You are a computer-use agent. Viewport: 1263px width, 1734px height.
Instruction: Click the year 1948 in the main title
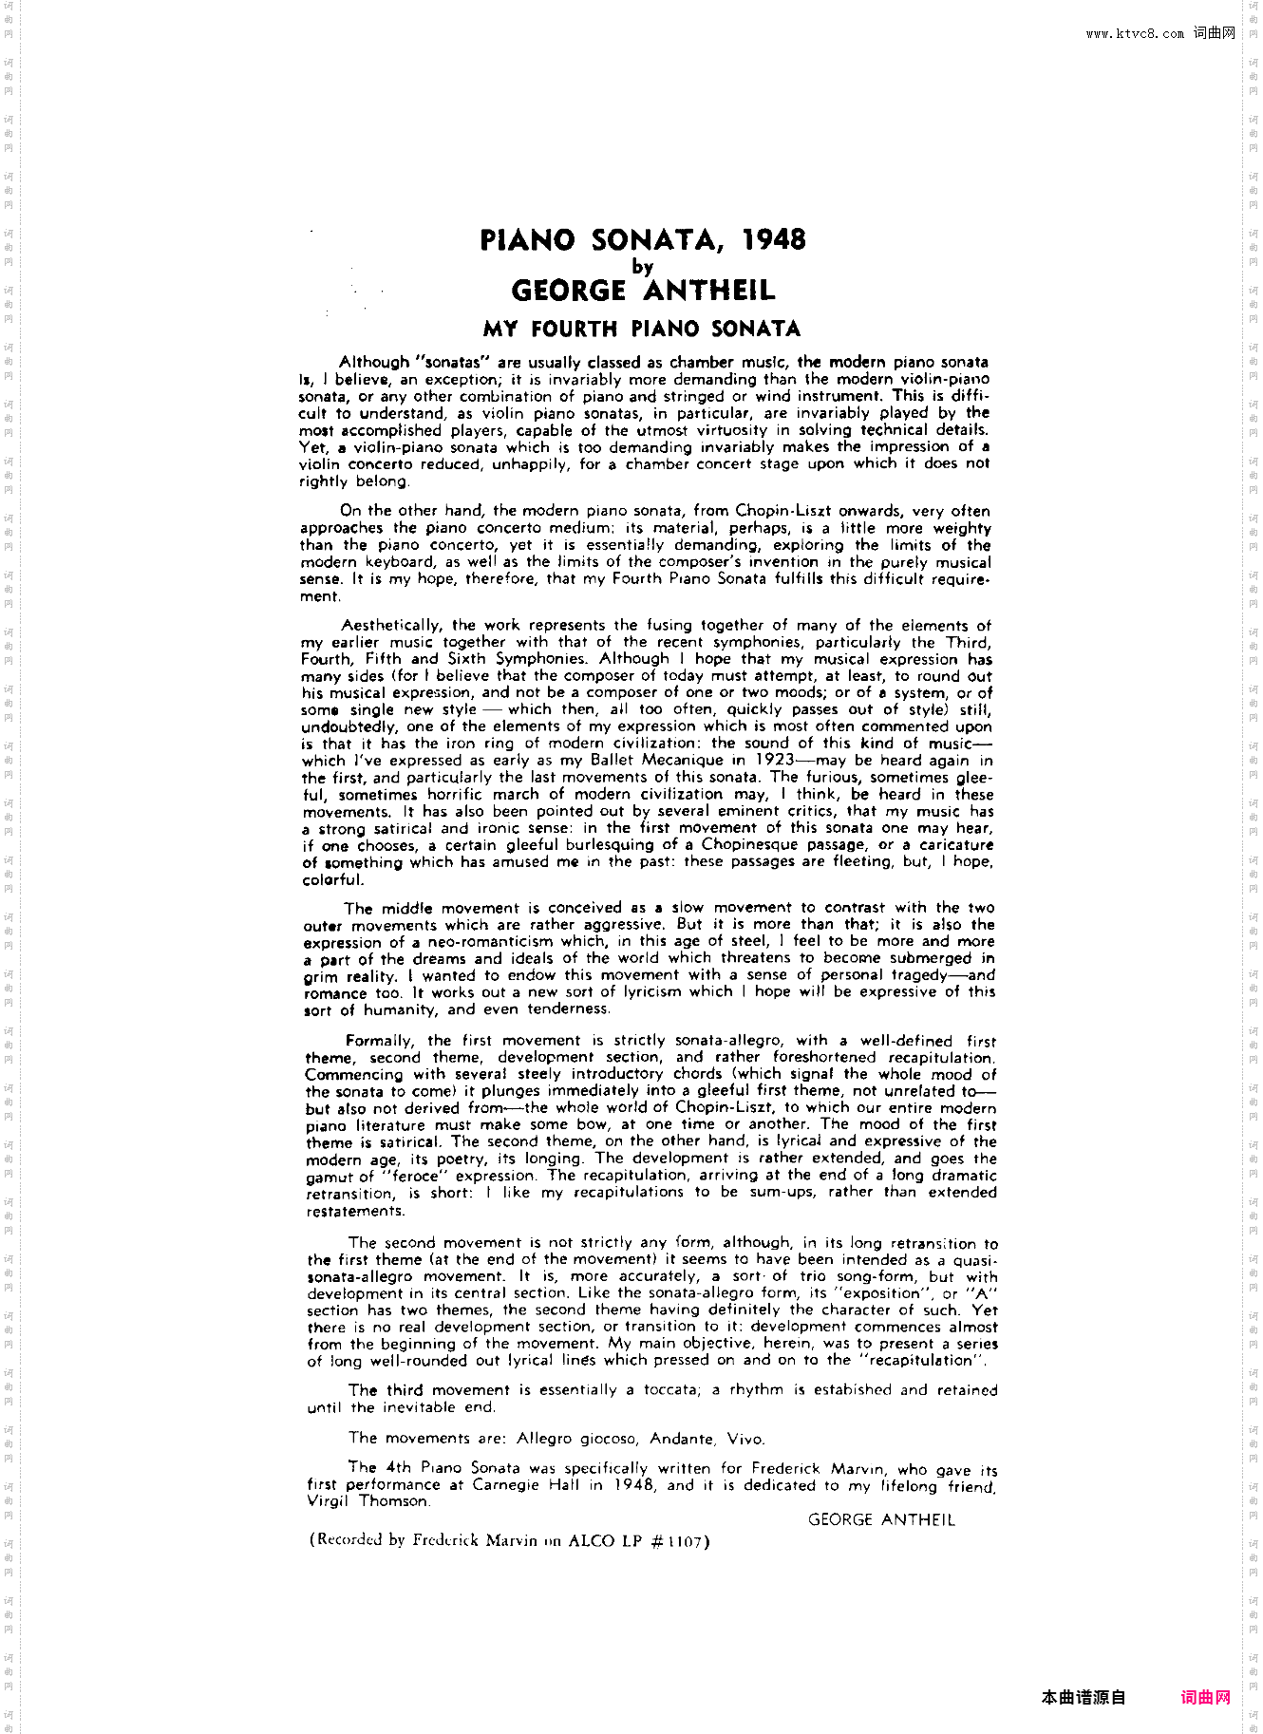(x=773, y=239)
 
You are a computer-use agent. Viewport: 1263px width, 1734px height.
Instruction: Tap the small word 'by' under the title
(x=643, y=267)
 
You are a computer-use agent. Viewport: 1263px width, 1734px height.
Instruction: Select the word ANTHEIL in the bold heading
(x=708, y=291)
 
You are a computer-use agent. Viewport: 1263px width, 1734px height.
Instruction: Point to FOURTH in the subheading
(x=574, y=330)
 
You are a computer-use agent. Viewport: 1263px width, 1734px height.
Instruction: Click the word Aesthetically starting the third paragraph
(x=392, y=625)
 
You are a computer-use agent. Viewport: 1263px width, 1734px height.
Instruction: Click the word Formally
(x=379, y=1041)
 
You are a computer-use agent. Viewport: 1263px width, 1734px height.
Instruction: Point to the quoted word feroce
(x=416, y=1177)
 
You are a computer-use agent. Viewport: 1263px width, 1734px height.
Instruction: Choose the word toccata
(x=669, y=1390)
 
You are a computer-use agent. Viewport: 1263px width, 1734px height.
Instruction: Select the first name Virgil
(x=328, y=1501)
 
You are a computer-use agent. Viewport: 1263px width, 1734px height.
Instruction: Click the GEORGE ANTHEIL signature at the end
(x=880, y=1519)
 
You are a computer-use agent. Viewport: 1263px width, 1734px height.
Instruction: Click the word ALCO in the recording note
(x=592, y=1541)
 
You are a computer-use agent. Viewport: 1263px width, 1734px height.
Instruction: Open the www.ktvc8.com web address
(x=1135, y=34)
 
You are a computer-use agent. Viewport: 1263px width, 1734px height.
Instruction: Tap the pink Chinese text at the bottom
(x=1206, y=1698)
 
